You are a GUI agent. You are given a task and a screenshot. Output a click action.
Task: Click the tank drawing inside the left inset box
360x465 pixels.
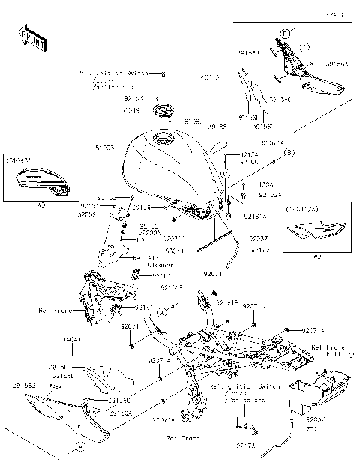point(39,179)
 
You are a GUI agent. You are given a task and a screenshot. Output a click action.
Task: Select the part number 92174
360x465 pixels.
point(250,154)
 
